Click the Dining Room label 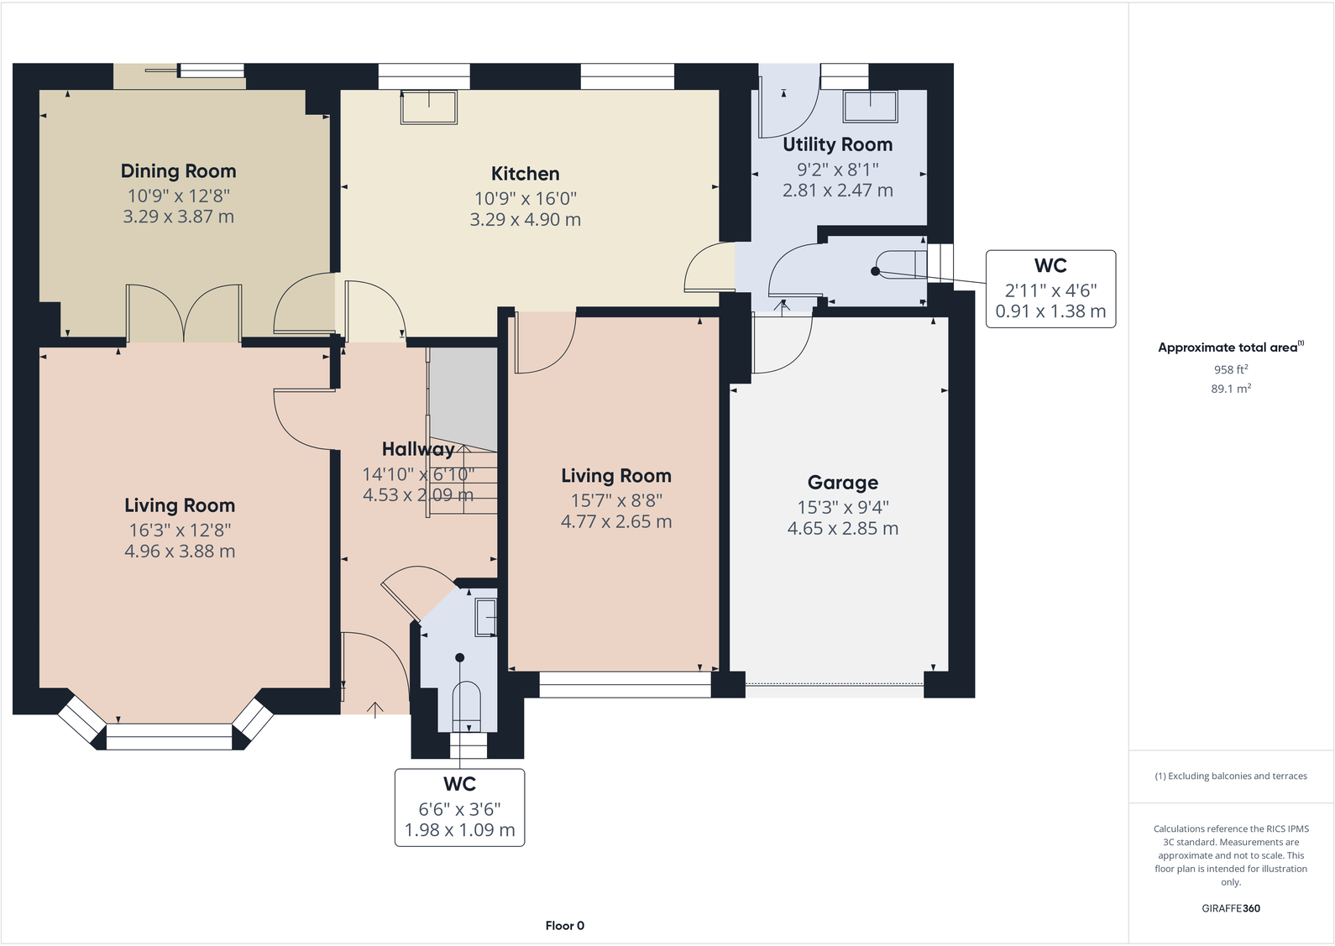click(178, 171)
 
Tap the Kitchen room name click(525, 174)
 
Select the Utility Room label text click(837, 144)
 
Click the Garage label click(842, 483)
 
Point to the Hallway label click(417, 449)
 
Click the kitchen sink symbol click(429, 107)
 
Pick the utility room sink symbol click(871, 107)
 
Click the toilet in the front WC click(466, 702)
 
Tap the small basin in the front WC click(485, 618)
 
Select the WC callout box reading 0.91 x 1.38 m click(1050, 289)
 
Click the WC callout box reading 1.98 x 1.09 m click(459, 807)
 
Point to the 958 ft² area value click(1231, 369)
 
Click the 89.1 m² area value click(1231, 389)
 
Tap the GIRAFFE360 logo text click(1231, 908)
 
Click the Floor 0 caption click(564, 926)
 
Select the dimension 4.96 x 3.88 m click(180, 551)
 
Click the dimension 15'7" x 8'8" click(616, 500)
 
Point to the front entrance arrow click(375, 709)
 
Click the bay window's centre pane click(169, 737)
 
